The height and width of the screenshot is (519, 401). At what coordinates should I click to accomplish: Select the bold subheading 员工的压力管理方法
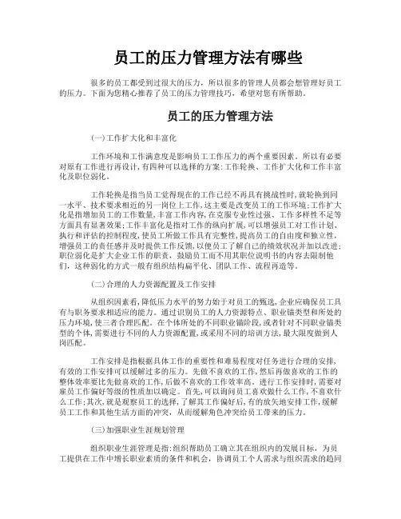200,117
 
